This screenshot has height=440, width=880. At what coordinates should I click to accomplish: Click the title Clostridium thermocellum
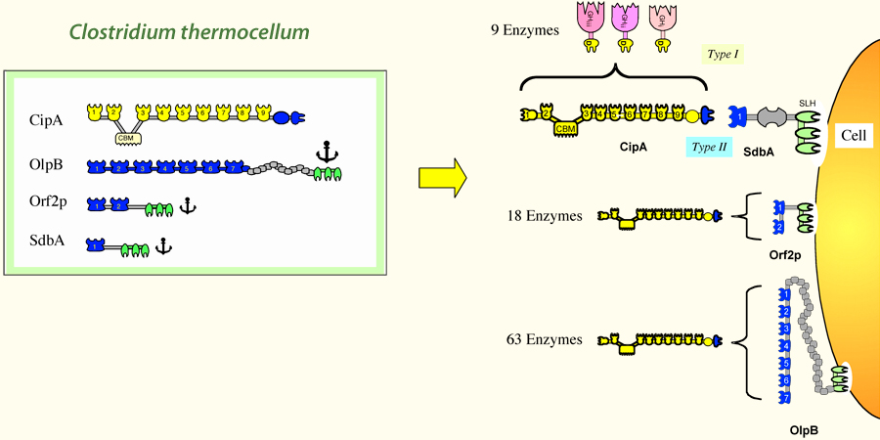tap(190, 31)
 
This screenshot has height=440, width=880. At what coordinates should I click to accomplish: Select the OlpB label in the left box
tap(48, 166)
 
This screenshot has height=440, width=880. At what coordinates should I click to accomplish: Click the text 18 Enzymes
tap(542, 215)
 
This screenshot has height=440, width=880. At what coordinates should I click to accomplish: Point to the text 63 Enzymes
tap(542, 339)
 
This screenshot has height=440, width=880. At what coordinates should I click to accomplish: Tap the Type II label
tap(709, 147)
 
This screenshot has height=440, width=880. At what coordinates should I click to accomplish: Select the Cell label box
tap(852, 137)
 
